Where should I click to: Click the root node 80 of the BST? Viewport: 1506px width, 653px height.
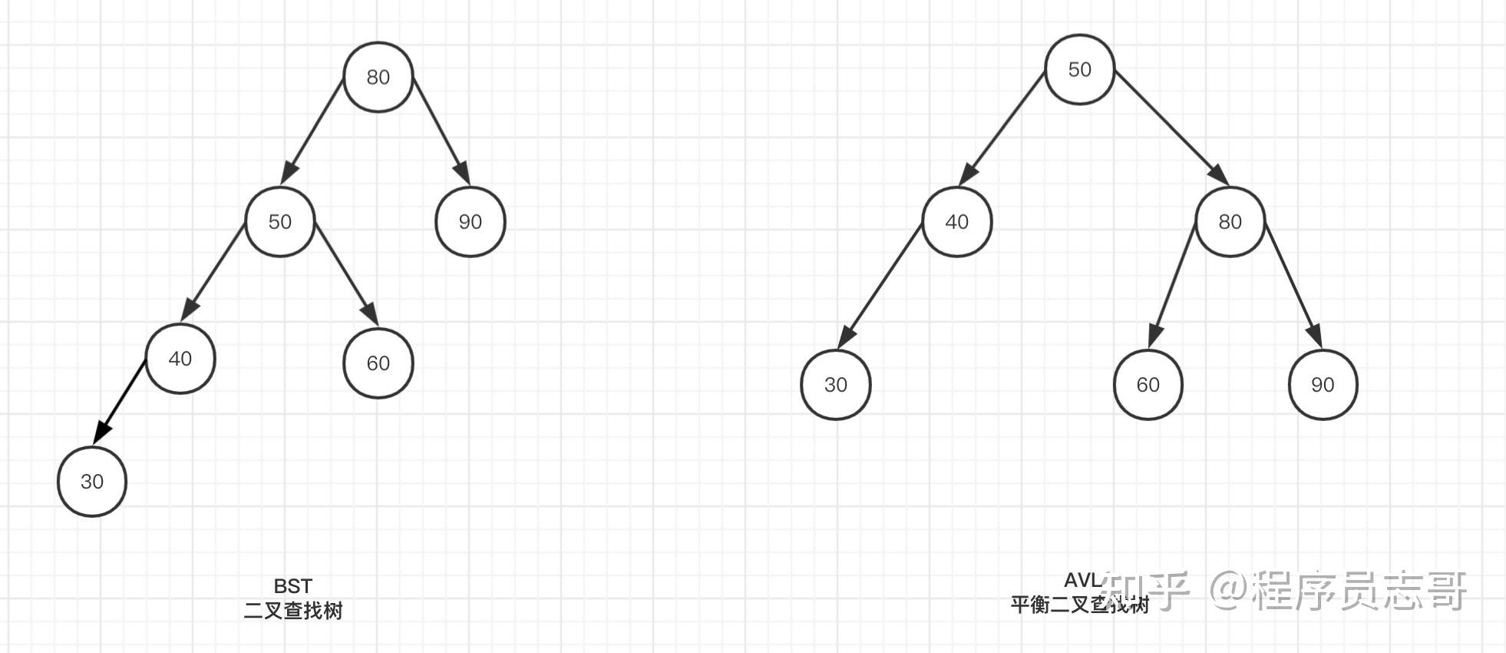[378, 77]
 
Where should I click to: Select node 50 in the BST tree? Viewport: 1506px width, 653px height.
[279, 222]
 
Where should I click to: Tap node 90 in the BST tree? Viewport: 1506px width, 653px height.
[470, 222]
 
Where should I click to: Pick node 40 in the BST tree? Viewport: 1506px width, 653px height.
[180, 359]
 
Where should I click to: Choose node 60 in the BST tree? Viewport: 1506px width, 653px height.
[378, 363]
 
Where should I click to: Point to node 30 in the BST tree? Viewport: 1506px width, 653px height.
[92, 482]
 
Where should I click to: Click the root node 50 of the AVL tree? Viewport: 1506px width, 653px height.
[1079, 70]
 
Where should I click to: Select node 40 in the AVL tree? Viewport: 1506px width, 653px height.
[956, 222]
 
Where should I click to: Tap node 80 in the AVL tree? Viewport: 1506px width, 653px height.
[1230, 222]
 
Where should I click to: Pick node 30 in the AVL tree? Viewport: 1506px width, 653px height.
[835, 385]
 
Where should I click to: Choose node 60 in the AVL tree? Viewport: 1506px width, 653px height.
[1148, 385]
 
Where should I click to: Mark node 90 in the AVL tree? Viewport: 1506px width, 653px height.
[1323, 385]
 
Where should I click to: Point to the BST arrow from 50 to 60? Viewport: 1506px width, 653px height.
[346, 273]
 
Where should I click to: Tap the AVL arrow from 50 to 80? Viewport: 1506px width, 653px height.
[1171, 128]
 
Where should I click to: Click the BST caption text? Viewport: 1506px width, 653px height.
[292, 586]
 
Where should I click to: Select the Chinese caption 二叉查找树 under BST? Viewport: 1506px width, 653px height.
[292, 611]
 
